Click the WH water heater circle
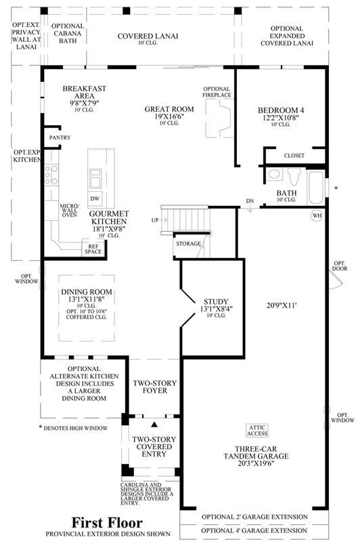coord(317,215)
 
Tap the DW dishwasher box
coord(95,198)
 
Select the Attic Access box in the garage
coord(257,431)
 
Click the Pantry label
coord(60,137)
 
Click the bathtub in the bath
coord(315,188)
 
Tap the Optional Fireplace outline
coord(219,119)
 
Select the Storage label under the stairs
coord(188,244)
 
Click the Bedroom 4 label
coord(281,110)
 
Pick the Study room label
coord(216,301)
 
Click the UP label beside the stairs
coord(155,220)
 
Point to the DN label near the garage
coord(250,201)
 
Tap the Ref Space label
coord(93,249)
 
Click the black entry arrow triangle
coord(154,425)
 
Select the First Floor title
coord(107,522)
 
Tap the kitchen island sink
coord(95,179)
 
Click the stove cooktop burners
coord(51,175)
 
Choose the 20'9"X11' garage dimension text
coord(282,305)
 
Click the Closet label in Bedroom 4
coord(294,156)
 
